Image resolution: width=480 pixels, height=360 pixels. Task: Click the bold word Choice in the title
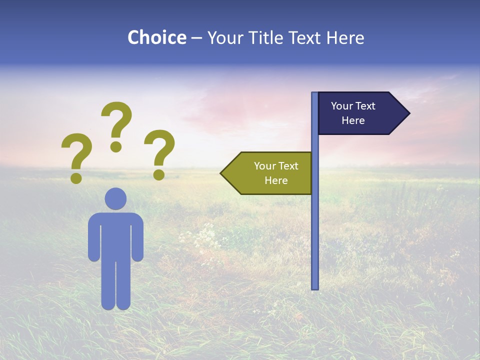(x=156, y=37)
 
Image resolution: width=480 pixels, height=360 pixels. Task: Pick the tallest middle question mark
(x=116, y=125)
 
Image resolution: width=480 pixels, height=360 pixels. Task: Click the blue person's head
(x=115, y=198)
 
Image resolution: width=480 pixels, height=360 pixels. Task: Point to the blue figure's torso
(x=115, y=235)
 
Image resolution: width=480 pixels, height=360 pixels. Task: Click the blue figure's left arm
(x=94, y=240)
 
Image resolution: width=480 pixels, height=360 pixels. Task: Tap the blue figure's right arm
(x=137, y=240)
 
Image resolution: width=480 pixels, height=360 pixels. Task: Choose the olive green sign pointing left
(x=270, y=173)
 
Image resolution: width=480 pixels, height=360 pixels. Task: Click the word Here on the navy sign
(x=353, y=120)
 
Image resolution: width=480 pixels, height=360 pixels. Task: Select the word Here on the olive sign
(x=276, y=180)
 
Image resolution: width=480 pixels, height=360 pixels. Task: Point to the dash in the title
(x=197, y=38)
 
